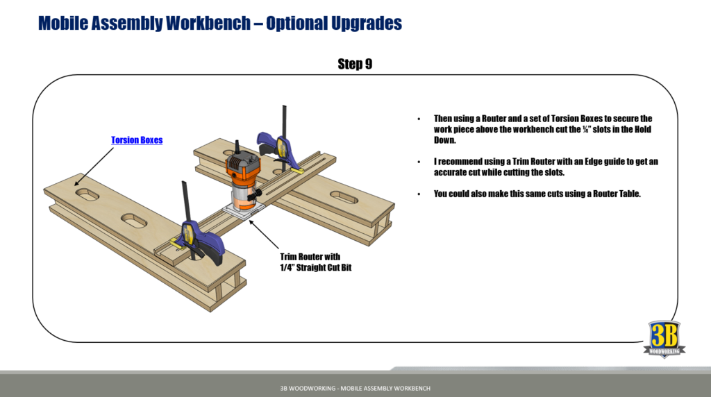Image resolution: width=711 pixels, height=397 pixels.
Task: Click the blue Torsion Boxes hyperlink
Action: [137, 140]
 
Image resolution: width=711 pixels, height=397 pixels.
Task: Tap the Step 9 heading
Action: [355, 65]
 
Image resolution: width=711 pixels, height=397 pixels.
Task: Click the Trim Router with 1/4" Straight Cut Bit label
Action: [315, 262]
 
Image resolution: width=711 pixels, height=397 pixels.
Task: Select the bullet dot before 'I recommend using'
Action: [419, 162]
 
